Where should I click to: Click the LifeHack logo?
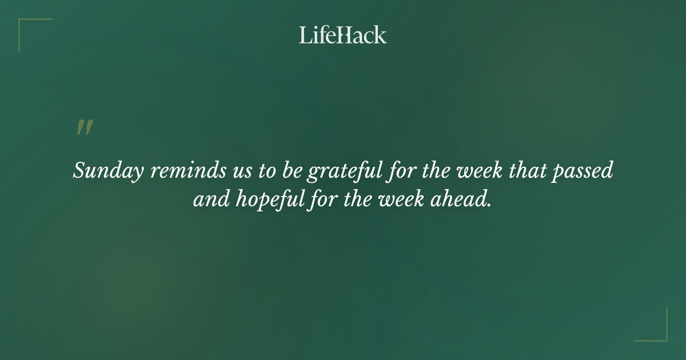pos(343,35)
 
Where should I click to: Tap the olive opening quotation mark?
pos(84,128)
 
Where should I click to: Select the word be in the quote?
pos(291,171)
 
